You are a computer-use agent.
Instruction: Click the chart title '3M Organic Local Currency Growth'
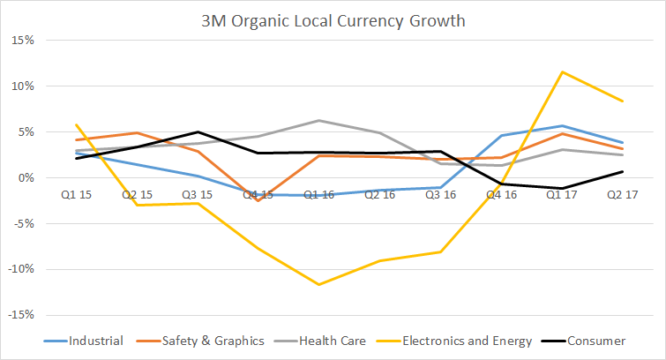(x=333, y=19)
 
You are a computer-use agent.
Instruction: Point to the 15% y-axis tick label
(x=24, y=41)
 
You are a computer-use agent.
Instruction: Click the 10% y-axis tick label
(x=24, y=86)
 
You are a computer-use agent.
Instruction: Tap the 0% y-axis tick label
(x=27, y=178)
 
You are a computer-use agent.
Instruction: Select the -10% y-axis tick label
(x=22, y=269)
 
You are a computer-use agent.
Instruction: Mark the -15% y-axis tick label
(x=22, y=315)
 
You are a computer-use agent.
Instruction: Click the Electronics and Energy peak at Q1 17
(x=561, y=72)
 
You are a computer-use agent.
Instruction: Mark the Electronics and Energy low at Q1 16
(x=319, y=284)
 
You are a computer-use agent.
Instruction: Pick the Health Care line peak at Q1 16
(x=319, y=120)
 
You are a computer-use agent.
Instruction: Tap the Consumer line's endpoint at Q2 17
(x=623, y=172)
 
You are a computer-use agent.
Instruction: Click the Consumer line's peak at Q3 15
(x=198, y=132)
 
